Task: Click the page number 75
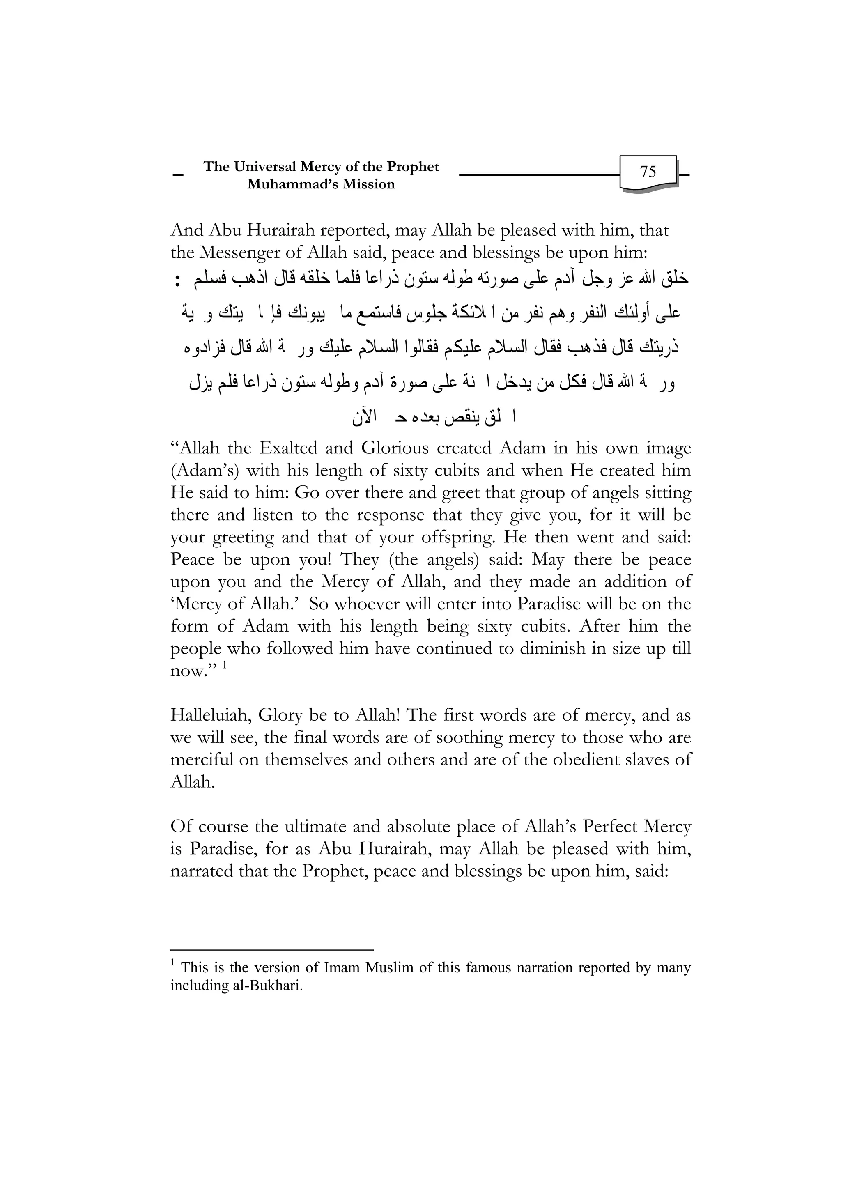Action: tap(648, 172)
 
